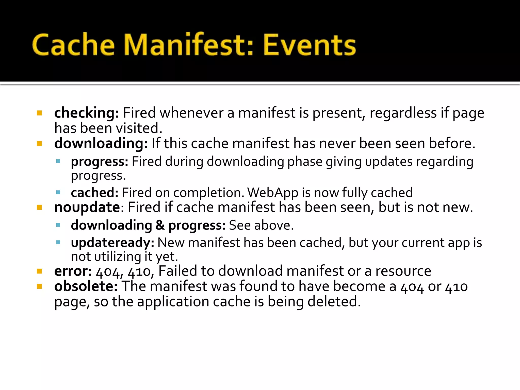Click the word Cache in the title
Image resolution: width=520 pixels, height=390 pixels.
point(74,45)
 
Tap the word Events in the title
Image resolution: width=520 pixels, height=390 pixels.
point(310,45)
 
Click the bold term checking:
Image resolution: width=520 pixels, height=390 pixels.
point(87,113)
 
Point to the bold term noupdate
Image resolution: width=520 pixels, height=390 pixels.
point(87,207)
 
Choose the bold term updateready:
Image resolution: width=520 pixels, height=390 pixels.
point(112,243)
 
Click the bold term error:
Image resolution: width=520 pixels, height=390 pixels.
point(73,271)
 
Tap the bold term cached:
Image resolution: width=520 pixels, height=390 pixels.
point(95,192)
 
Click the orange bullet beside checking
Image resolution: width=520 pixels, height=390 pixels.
point(39,113)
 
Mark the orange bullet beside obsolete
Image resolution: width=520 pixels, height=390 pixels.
point(39,286)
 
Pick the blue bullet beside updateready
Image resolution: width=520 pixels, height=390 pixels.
point(58,242)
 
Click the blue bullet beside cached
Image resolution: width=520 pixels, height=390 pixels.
point(58,192)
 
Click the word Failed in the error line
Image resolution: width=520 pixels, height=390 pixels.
point(178,271)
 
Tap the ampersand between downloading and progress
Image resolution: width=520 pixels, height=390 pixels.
point(160,225)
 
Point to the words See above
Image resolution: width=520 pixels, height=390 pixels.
point(261,225)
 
